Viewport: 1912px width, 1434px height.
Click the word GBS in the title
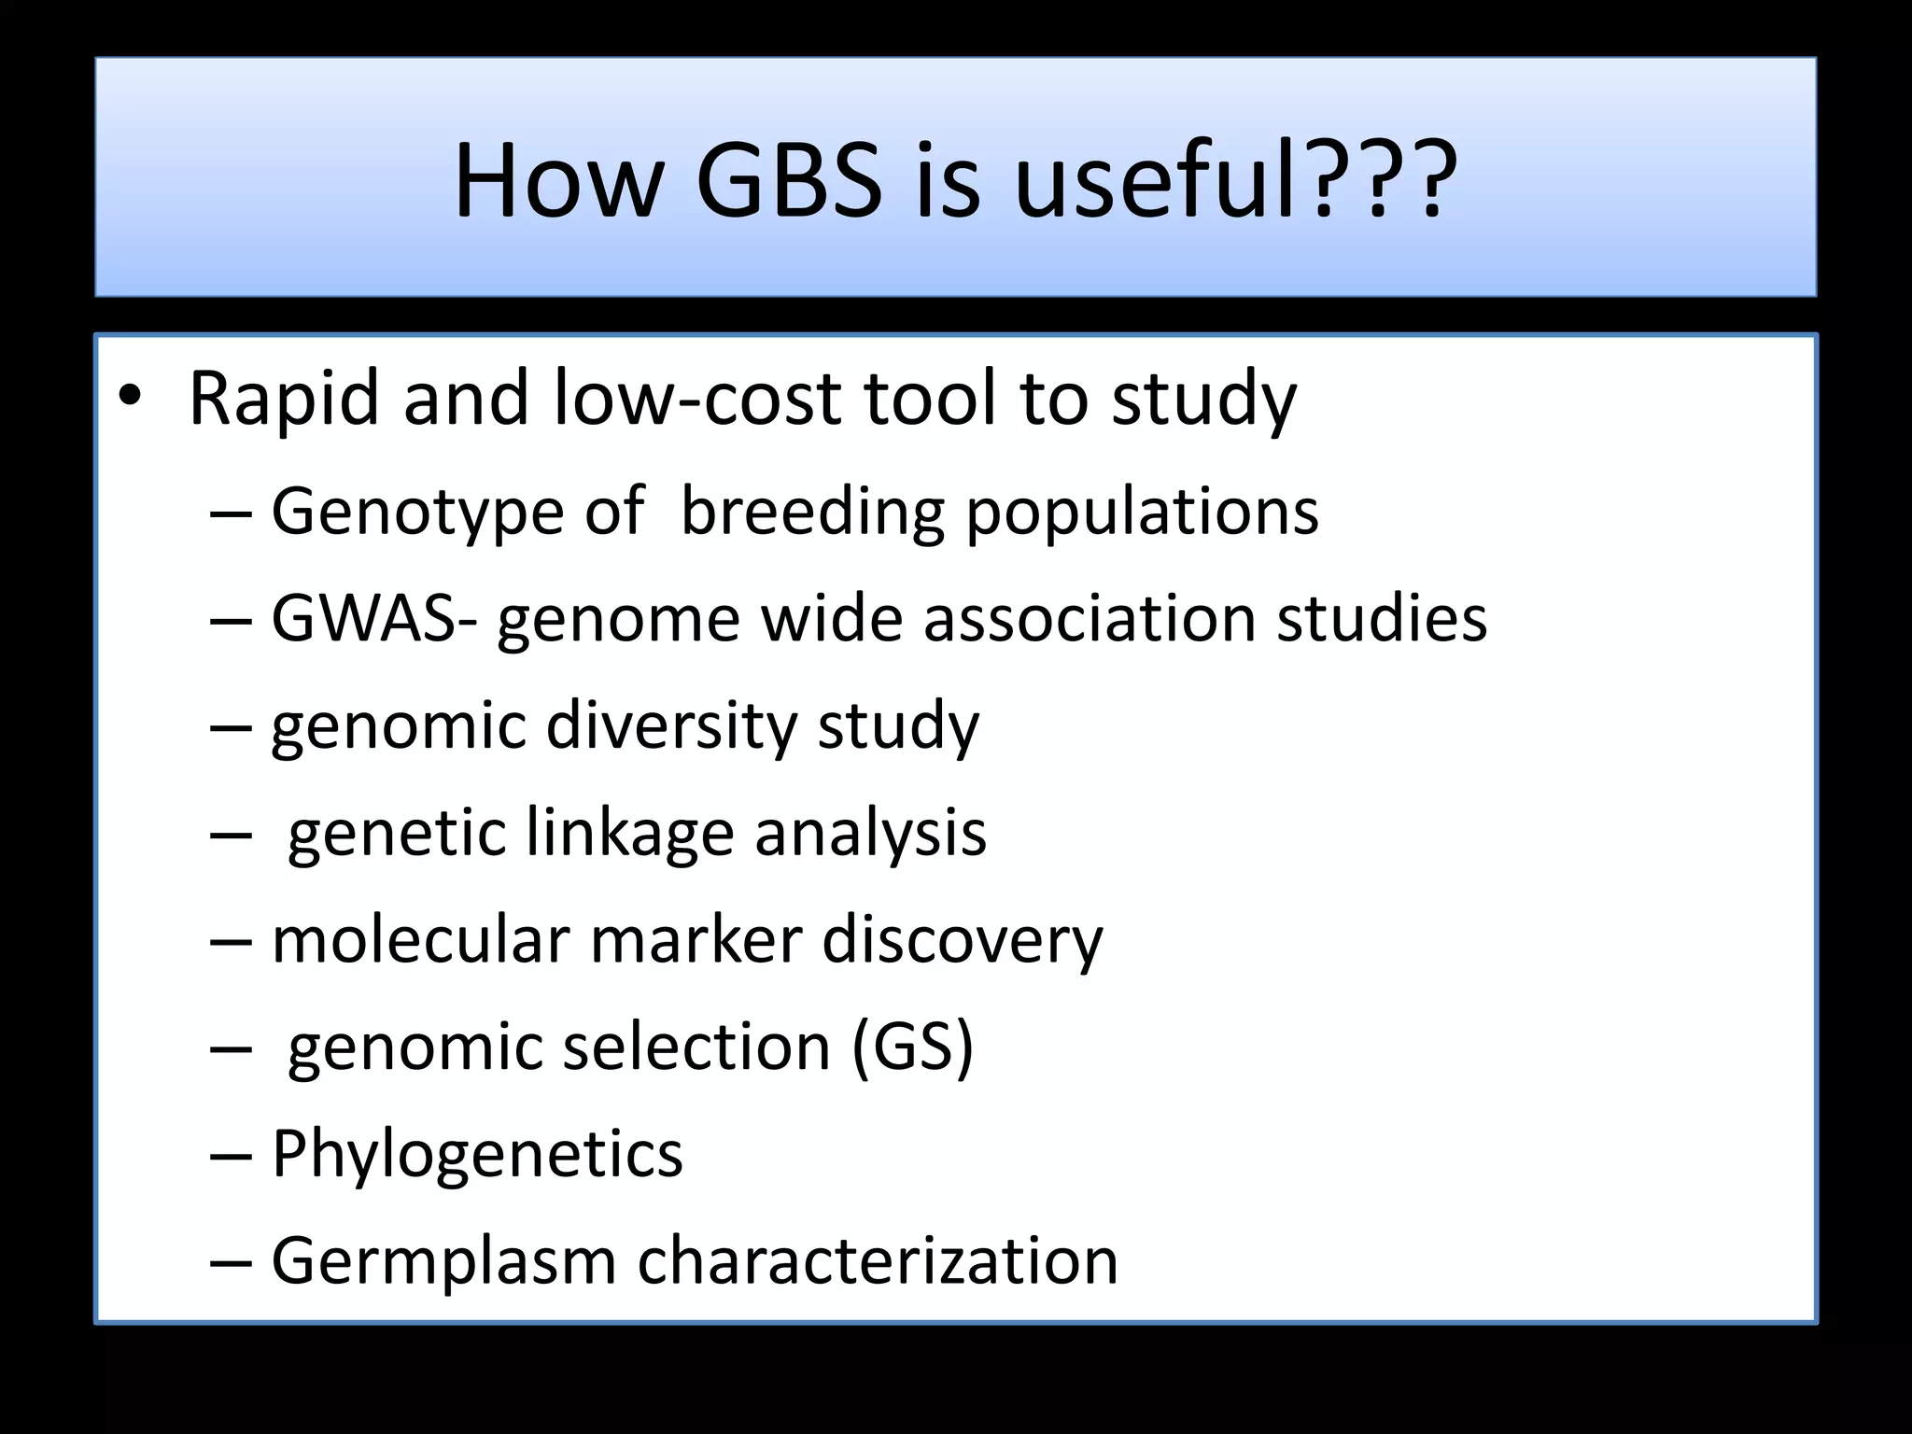pyautogui.click(x=789, y=181)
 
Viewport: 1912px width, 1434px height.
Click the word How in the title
pyautogui.click(x=556, y=181)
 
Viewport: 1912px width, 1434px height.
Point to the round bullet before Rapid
pyautogui.click(x=130, y=398)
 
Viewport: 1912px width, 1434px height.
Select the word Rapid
pyautogui.click(x=285, y=400)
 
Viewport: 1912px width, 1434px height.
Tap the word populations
pyautogui.click(x=1141, y=513)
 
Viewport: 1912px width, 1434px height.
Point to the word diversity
pyautogui.click(x=670, y=725)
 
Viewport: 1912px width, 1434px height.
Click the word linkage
pyautogui.click(x=629, y=833)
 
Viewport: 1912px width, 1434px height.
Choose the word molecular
pyautogui.click(x=420, y=939)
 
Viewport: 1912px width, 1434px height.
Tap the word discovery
pyautogui.click(x=962, y=939)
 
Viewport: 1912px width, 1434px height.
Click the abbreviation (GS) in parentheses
pyautogui.click(x=912, y=1047)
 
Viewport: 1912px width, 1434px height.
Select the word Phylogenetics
pyautogui.click(x=477, y=1154)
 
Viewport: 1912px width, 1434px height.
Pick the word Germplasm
pyautogui.click(x=443, y=1260)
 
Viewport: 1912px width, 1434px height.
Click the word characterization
pyautogui.click(x=878, y=1260)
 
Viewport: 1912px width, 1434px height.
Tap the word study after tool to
pyautogui.click(x=1203, y=400)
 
